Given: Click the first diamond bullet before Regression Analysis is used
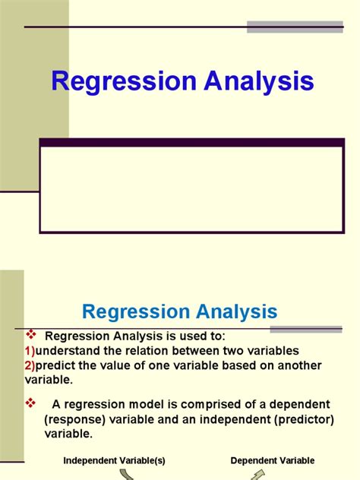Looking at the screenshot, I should pyautogui.click(x=31, y=336).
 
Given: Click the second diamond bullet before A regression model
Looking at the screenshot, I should pyautogui.click(x=31, y=403).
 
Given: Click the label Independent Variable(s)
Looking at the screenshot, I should pyautogui.click(x=114, y=460).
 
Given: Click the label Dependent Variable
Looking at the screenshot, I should pyautogui.click(x=273, y=460).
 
